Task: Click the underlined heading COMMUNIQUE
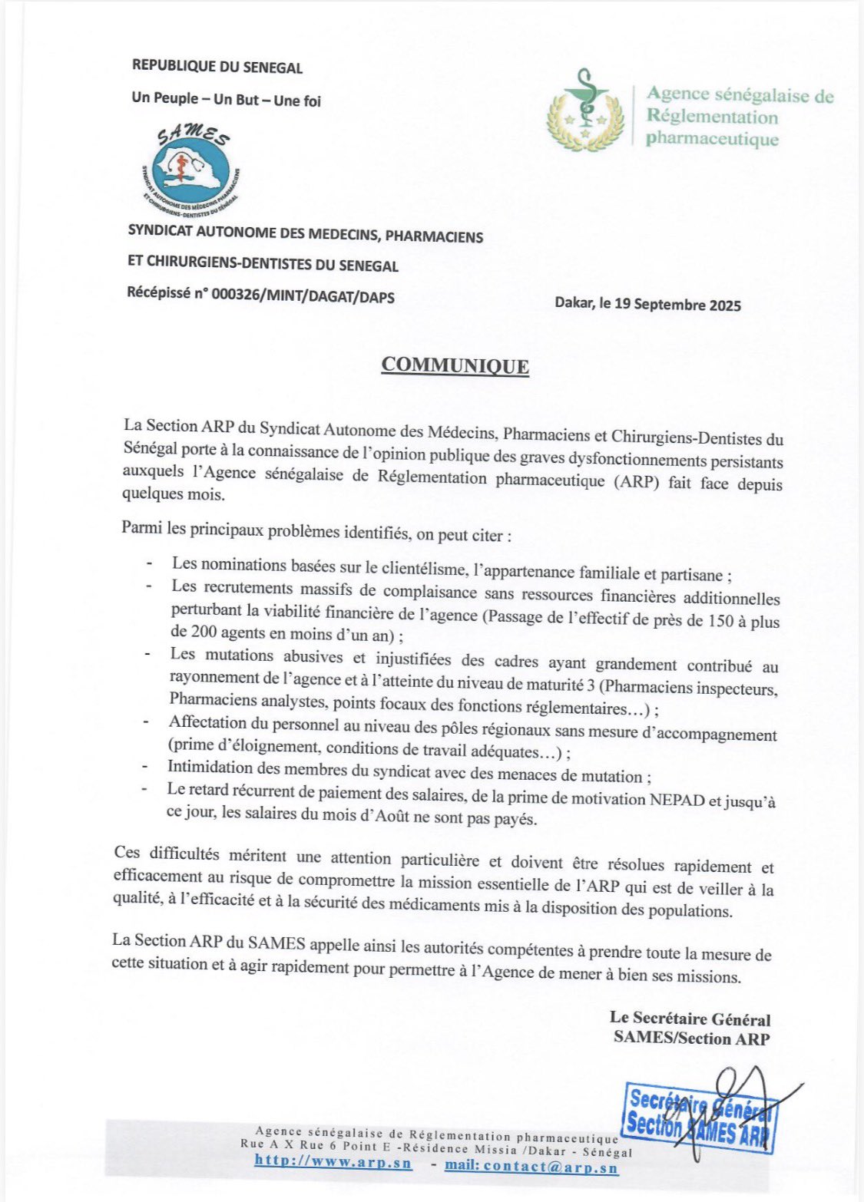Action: tap(455, 365)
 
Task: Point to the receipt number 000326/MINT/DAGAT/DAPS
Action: tap(307, 296)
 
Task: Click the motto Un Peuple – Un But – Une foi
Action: tap(226, 100)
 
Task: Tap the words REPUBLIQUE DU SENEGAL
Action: tap(217, 67)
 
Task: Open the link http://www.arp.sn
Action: tap(333, 1163)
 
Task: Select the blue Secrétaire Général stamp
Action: tap(698, 1117)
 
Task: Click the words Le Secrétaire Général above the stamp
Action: tap(690, 1019)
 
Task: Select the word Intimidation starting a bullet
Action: tap(210, 767)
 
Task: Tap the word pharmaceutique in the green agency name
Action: tap(712, 140)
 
